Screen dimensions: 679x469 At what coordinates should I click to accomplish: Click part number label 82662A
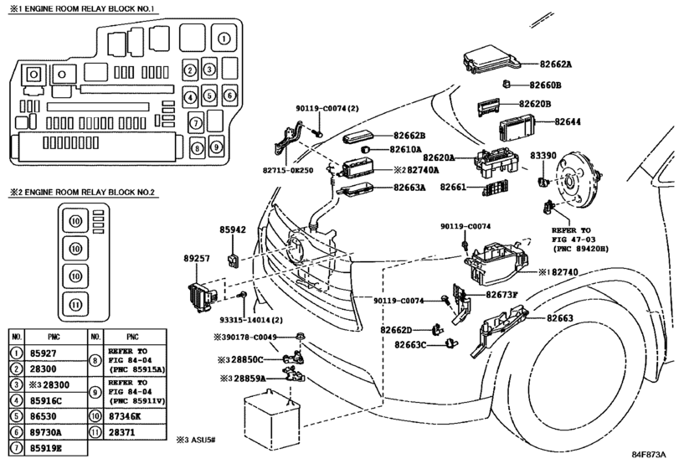[556, 64]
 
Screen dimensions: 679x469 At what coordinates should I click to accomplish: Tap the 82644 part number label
[568, 121]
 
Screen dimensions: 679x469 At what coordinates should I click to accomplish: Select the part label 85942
[233, 229]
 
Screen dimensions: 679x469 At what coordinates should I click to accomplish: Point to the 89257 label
[197, 259]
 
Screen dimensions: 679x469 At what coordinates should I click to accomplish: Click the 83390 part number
[543, 156]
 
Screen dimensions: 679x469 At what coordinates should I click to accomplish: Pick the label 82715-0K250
[287, 170]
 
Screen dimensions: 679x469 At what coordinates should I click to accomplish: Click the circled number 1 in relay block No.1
[224, 39]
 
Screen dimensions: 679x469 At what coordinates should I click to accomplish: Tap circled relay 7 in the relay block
[196, 123]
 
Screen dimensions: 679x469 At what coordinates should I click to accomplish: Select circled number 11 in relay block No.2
[75, 305]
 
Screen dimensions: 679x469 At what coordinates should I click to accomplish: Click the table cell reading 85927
[44, 353]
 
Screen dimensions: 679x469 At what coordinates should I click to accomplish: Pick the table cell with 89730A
[46, 432]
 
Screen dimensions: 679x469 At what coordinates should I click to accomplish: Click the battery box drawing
[272, 420]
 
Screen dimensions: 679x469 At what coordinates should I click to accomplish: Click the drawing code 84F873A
[648, 455]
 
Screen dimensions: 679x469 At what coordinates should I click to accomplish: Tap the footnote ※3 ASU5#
[196, 441]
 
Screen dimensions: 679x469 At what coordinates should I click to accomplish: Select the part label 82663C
[410, 345]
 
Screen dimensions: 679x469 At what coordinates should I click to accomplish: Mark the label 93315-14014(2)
[251, 320]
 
